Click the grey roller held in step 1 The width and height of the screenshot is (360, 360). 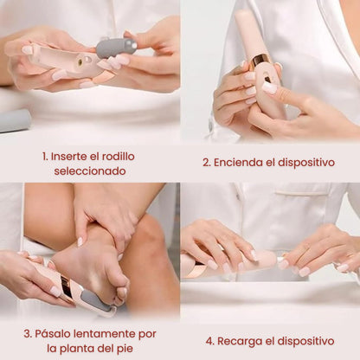pos(116,48)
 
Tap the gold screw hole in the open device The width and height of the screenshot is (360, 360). pos(79,60)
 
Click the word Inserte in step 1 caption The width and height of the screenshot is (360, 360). pos(67,157)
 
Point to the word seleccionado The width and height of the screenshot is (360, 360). pos(90,171)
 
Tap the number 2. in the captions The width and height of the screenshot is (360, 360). pos(207,163)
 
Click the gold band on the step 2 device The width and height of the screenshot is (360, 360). pos(259,61)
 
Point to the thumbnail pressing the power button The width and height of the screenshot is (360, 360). pos(269,88)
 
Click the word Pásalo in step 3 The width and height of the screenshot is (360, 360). pos(53,334)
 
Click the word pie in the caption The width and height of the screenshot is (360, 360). pos(125,349)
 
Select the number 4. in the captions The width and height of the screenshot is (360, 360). pos(209,342)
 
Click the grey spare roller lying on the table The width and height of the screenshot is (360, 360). pos(15,120)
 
